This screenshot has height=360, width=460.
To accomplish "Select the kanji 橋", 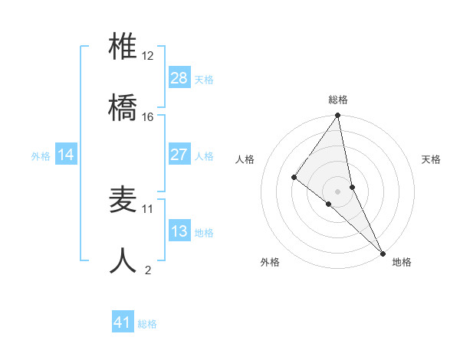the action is tap(123, 106).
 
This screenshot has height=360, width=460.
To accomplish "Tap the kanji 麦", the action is tap(123, 198).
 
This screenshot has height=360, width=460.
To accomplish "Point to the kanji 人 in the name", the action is tap(123, 260).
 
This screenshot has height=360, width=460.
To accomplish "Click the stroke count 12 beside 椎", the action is tap(148, 56).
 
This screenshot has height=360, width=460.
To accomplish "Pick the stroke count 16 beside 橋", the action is tap(148, 117).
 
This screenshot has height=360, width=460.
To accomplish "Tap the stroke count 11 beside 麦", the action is tap(148, 208).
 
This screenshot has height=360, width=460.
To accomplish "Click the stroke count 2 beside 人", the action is tap(148, 270).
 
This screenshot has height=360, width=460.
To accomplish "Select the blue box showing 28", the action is tap(179, 78).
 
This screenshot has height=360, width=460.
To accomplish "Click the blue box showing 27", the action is tap(179, 155).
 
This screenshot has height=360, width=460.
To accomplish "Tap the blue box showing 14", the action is tap(66, 155).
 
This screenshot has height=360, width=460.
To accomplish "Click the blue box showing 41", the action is tap(123, 322).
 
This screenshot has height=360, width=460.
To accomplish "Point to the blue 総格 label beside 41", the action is tap(147, 324).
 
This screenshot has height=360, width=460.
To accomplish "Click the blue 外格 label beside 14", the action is tap(41, 155).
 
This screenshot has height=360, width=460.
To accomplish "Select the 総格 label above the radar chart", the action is tap(338, 100).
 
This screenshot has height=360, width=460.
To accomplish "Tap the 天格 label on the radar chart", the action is tap(432, 159).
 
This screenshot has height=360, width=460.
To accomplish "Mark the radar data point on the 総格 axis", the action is tap(338, 116).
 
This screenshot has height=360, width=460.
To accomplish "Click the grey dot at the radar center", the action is tap(338, 191).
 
